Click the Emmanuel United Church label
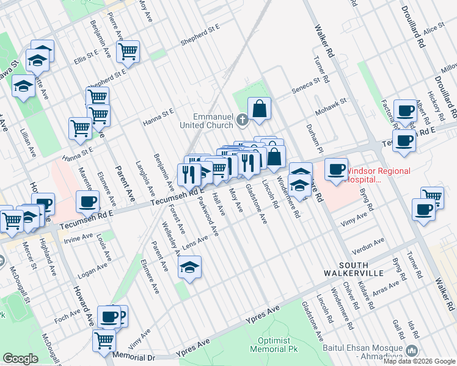click(214, 120)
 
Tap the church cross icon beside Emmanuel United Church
click(243, 119)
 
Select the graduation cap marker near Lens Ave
click(190, 267)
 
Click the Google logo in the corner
click(20, 359)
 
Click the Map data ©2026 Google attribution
click(419, 361)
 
